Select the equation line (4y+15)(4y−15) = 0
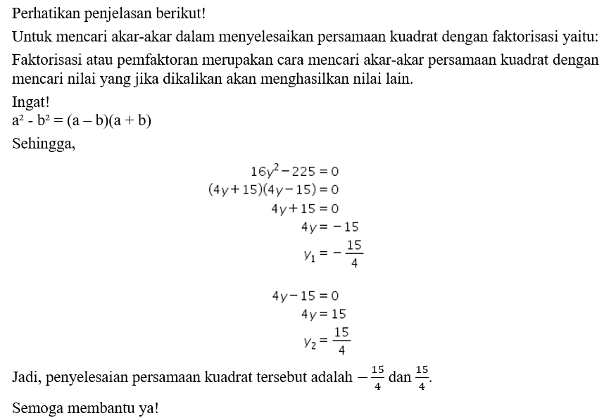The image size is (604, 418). coord(274,189)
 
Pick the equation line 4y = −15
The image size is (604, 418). coord(329,227)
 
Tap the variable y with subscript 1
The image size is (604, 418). coord(309,256)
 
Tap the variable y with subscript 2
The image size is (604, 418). coord(309,342)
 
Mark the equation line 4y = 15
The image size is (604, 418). coord(323,314)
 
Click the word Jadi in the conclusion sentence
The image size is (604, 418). coord(25,378)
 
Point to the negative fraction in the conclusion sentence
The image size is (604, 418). coord(372,379)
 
